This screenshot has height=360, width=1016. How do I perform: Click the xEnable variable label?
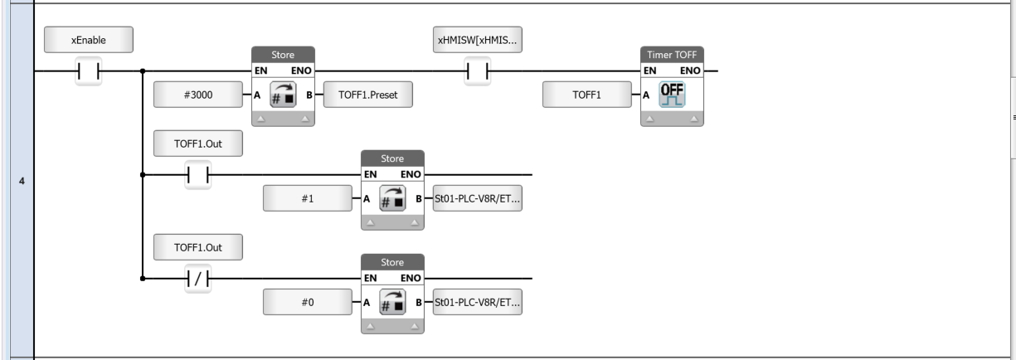[x=89, y=40]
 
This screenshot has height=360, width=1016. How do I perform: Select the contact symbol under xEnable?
[x=89, y=71]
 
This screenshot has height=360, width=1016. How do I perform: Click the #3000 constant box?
[x=198, y=95]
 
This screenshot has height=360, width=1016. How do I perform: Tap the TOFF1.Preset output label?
[x=368, y=95]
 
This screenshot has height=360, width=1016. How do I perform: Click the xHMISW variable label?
[x=477, y=40]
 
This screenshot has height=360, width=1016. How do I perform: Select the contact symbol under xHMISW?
[x=477, y=71]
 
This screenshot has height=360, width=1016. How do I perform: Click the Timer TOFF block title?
[x=672, y=55]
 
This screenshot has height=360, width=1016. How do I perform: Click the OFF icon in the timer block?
[x=672, y=95]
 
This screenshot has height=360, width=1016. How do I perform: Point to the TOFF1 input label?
[x=587, y=95]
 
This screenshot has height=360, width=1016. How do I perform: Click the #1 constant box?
[x=308, y=198]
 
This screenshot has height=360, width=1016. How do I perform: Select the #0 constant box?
[x=308, y=302]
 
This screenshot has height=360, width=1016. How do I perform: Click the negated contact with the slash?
[x=197, y=279]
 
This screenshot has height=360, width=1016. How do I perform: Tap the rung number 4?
[x=22, y=182]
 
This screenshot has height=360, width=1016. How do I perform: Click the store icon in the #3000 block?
[x=283, y=95]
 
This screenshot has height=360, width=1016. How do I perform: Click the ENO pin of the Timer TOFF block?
[x=690, y=71]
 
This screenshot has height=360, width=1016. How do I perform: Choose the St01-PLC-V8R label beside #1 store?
[x=477, y=198]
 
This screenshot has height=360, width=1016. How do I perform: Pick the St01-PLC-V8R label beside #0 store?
[x=477, y=302]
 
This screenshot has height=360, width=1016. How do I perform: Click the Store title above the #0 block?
[x=392, y=262]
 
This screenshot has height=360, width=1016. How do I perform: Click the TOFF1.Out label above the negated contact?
[x=198, y=247]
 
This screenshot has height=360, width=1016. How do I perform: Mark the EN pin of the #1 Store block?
[x=370, y=174]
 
